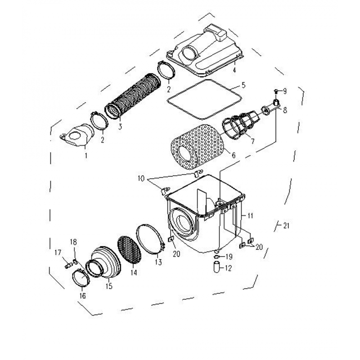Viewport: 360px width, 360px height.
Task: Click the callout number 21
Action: click(x=286, y=225)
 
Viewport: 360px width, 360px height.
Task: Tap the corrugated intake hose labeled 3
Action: click(x=132, y=96)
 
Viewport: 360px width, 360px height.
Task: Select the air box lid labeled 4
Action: click(x=204, y=49)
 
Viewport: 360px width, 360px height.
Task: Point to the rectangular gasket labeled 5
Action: click(x=204, y=99)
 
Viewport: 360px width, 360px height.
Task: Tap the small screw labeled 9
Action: click(x=276, y=91)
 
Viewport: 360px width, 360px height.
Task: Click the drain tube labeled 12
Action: click(x=217, y=267)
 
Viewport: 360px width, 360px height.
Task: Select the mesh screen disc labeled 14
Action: click(x=129, y=249)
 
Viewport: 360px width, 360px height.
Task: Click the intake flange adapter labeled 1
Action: click(x=77, y=135)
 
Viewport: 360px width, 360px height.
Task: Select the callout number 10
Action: click(x=141, y=178)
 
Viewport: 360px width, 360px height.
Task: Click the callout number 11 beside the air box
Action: click(x=250, y=216)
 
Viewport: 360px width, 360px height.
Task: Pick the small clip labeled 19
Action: click(x=216, y=256)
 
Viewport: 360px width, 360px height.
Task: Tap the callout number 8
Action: click(x=285, y=110)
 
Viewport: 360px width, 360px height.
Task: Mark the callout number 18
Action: click(x=73, y=242)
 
